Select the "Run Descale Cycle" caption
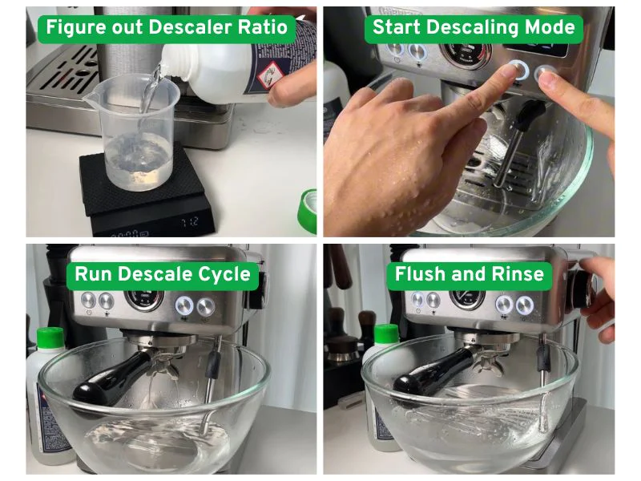pyautogui.click(x=163, y=275)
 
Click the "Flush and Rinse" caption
pyautogui.click(x=469, y=275)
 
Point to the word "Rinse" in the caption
pyautogui.click(x=516, y=275)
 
